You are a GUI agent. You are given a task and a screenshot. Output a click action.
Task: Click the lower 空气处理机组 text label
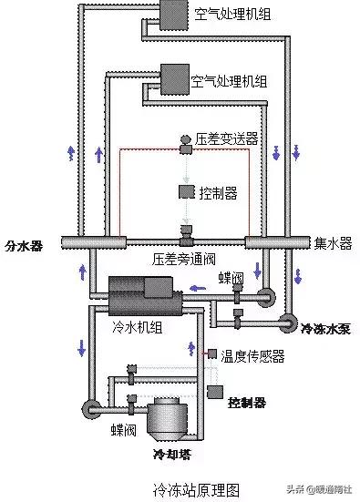(230, 81)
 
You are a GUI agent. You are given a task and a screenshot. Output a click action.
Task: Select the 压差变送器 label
(227, 139)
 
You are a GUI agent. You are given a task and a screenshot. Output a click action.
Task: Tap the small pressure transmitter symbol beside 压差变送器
(186, 138)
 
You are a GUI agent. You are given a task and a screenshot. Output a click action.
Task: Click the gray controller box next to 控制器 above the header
(186, 191)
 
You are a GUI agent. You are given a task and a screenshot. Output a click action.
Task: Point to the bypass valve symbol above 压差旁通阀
(187, 238)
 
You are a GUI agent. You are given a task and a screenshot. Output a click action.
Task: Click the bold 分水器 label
(24, 245)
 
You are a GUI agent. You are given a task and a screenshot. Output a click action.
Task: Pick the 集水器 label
(333, 243)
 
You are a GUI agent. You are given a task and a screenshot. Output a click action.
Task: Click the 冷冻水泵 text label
(325, 329)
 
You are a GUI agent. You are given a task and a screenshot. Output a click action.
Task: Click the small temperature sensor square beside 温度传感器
(212, 353)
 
